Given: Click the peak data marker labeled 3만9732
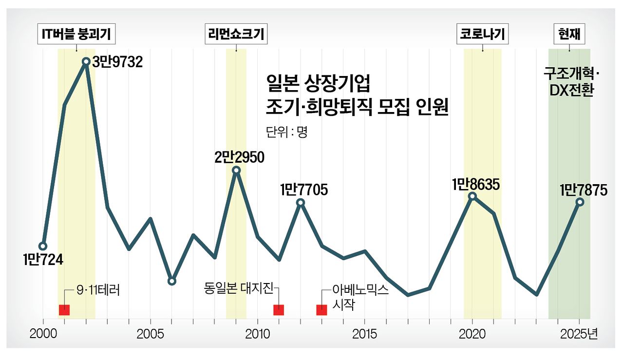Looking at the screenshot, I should click(86, 61).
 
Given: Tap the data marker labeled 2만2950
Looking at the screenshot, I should click(236, 170).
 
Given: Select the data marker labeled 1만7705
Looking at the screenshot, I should click(301, 202).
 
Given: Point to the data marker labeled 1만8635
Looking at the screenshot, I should click(472, 196).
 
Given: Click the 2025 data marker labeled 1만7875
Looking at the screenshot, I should click(580, 202).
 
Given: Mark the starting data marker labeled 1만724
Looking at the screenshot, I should click(43, 246).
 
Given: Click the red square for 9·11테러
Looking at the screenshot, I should click(64, 310).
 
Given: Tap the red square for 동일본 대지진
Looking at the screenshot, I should click(279, 310).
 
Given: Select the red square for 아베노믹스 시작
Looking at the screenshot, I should click(321, 310).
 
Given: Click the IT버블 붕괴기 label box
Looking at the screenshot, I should click(76, 35).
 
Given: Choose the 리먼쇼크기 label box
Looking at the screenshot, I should click(236, 35).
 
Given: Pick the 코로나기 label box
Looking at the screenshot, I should click(482, 35).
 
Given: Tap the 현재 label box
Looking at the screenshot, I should click(569, 35).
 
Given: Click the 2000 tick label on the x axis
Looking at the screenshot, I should click(43, 335).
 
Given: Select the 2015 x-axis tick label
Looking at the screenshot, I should click(364, 335).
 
